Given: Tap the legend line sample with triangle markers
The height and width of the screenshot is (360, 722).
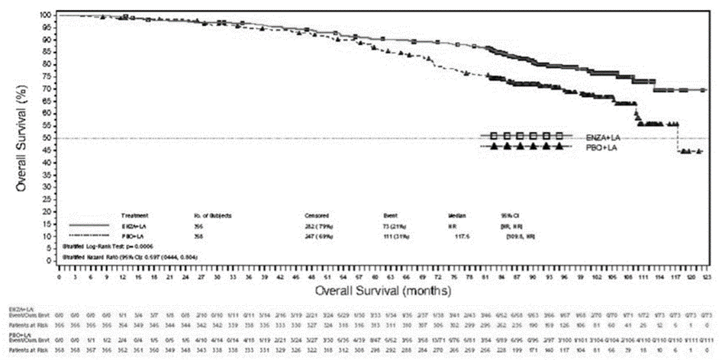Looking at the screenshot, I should [526, 146].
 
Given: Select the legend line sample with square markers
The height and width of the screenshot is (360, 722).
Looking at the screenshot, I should [526, 136].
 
